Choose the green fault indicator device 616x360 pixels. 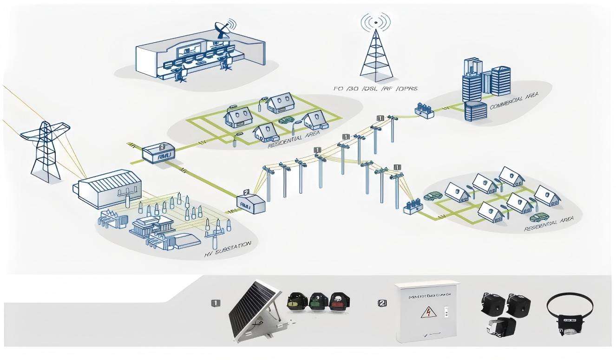317,302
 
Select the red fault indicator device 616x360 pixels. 339,302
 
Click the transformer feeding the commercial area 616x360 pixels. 424,111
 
